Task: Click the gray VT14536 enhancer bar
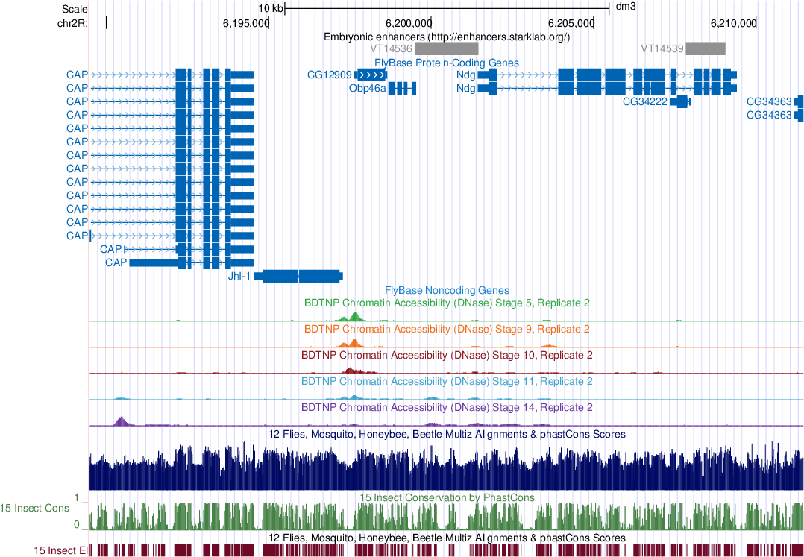pyautogui.click(x=447, y=48)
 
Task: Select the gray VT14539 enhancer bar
pyautogui.click(x=705, y=48)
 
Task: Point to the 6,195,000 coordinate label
pyautogui.click(x=245, y=22)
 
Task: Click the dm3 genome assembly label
pyautogui.click(x=625, y=8)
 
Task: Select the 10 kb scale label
pyautogui.click(x=271, y=8)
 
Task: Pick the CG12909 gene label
pyautogui.click(x=329, y=75)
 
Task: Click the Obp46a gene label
pyautogui.click(x=368, y=88)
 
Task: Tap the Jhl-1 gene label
pyautogui.click(x=239, y=276)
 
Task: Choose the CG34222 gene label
pyautogui.click(x=644, y=101)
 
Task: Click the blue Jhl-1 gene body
pyautogui.click(x=298, y=276)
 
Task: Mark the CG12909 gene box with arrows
pyautogui.click(x=371, y=75)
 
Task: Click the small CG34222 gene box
pyautogui.click(x=680, y=101)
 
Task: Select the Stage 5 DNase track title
pyautogui.click(x=447, y=303)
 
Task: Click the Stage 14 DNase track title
pyautogui.click(x=447, y=408)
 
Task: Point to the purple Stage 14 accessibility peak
pyautogui.click(x=121, y=421)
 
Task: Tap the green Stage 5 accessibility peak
pyautogui.click(x=354, y=316)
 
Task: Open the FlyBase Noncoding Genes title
pyautogui.click(x=447, y=290)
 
